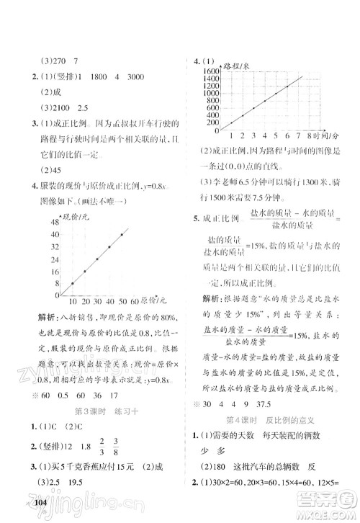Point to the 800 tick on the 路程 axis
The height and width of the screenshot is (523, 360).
tap(210, 102)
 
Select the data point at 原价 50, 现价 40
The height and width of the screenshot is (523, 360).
tap(122, 234)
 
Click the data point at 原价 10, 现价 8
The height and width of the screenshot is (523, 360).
tap(72, 283)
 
